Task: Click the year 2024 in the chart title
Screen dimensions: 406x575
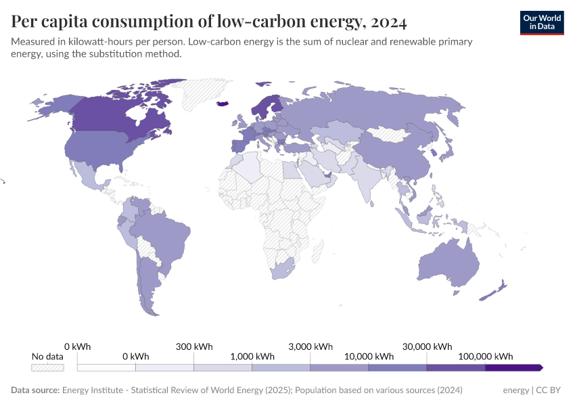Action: click(x=389, y=22)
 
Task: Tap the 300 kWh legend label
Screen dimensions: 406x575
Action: click(x=194, y=346)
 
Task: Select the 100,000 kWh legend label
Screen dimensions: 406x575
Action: click(x=485, y=356)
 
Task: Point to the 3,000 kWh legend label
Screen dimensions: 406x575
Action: click(x=310, y=346)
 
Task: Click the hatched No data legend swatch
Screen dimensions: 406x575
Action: click(x=47, y=367)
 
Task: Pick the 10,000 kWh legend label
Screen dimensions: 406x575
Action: click(x=369, y=356)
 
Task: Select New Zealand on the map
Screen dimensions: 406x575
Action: click(x=492, y=291)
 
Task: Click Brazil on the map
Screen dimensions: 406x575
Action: click(x=162, y=237)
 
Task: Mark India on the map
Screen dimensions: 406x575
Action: click(x=365, y=179)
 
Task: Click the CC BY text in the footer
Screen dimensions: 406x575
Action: click(x=550, y=390)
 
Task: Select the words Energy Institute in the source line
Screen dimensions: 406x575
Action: click(x=94, y=390)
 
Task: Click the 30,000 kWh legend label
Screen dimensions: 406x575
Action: click(x=427, y=346)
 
